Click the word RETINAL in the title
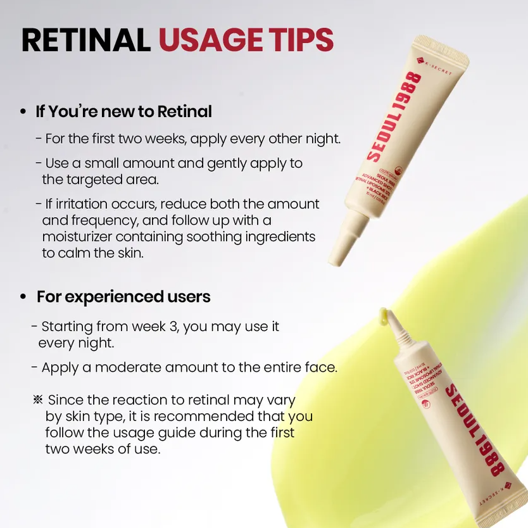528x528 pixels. (x=85, y=40)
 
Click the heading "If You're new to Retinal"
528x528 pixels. (x=123, y=111)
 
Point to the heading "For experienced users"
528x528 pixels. (x=123, y=296)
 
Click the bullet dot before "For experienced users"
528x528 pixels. (x=23, y=297)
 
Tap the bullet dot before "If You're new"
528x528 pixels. (x=23, y=112)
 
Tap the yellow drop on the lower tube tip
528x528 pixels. (x=383, y=313)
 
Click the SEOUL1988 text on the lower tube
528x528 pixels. (x=475, y=431)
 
